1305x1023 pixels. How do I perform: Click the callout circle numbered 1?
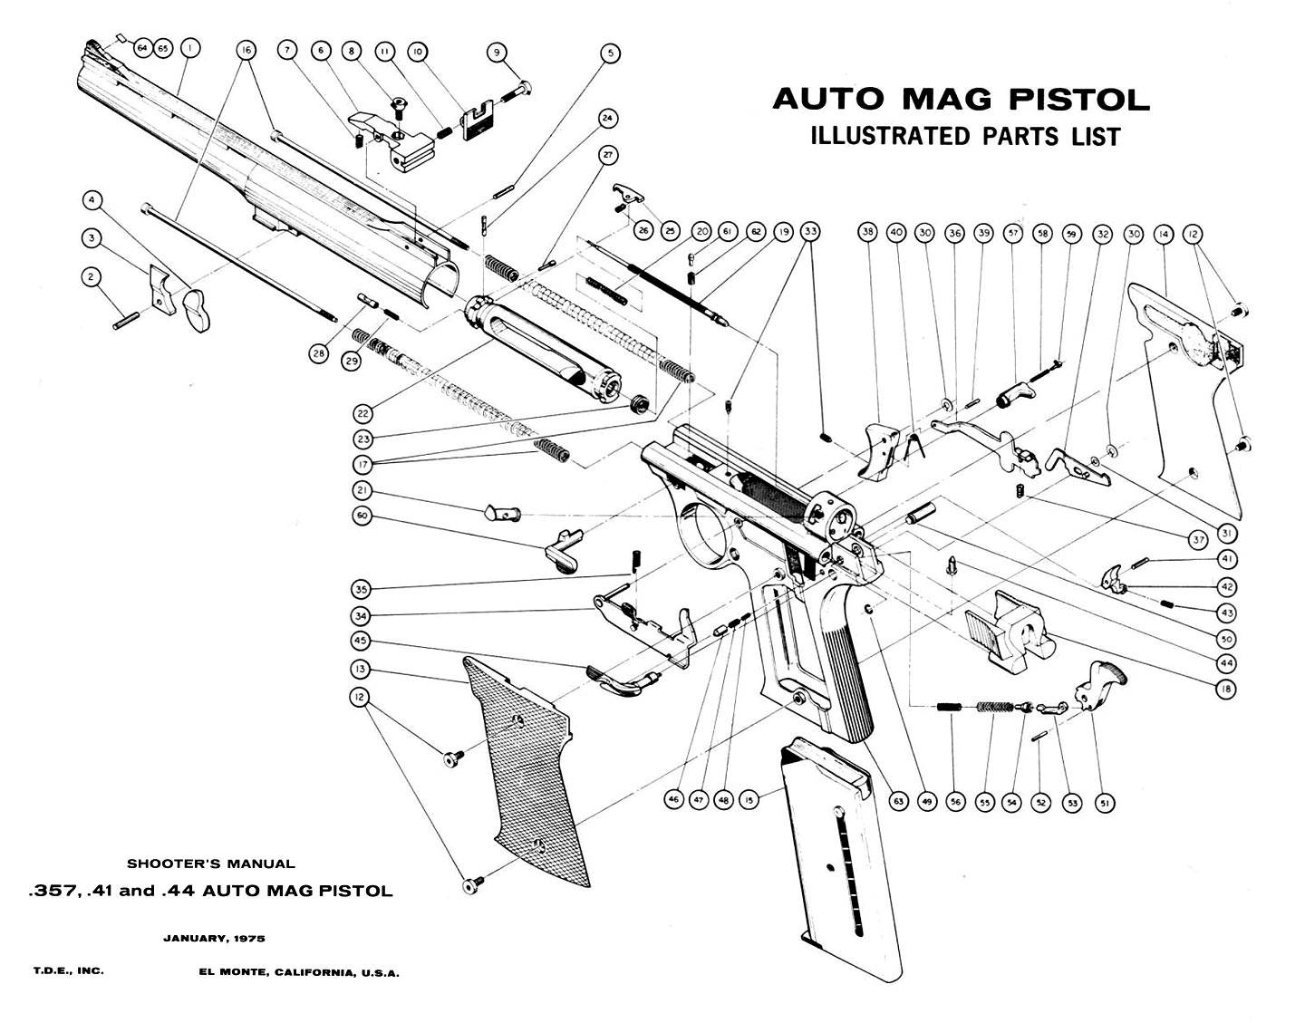click(189, 47)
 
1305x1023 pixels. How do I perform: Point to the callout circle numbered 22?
click(363, 413)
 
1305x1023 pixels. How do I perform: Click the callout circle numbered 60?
click(362, 516)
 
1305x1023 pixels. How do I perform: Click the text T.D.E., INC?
click(69, 970)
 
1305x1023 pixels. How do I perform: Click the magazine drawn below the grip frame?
click(841, 861)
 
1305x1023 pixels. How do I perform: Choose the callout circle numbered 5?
click(610, 53)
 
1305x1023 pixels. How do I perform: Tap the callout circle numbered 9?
click(497, 53)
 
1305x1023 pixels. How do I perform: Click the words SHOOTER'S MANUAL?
click(210, 864)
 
